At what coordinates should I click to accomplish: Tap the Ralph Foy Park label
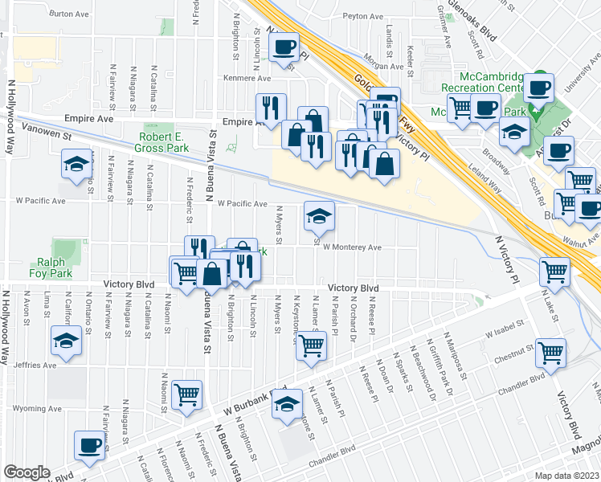[55, 267]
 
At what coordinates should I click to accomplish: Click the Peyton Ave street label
[363, 16]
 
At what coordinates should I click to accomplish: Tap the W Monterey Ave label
[352, 247]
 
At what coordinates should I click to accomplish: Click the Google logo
[26, 472]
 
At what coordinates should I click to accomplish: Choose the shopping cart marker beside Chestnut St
[550, 351]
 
